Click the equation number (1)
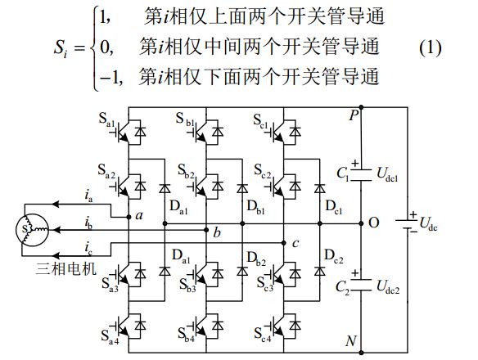tap(431, 47)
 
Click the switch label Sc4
tap(264, 335)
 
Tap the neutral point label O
tap(374, 223)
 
